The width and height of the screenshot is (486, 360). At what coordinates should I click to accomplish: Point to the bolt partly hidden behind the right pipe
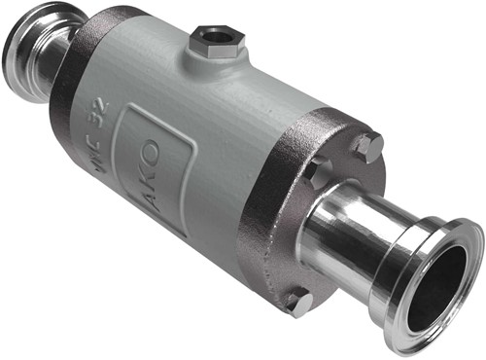point(317,174)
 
